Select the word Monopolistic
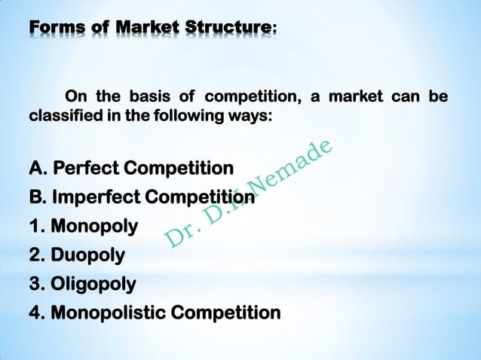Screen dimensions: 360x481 [x=107, y=312]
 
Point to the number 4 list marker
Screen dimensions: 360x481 [x=35, y=312]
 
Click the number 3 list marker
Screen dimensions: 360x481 [x=35, y=284]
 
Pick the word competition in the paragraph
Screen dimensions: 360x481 [x=252, y=98]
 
